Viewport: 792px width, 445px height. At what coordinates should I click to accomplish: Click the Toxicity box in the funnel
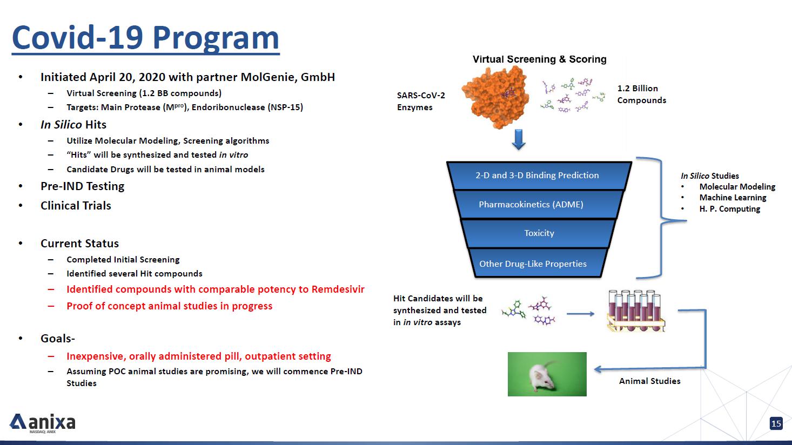(539, 233)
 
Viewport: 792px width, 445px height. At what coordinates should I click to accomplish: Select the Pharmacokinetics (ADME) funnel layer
(539, 204)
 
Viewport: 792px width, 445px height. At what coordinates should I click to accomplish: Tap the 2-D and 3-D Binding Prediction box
(539, 176)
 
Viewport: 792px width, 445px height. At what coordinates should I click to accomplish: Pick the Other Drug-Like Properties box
(538, 263)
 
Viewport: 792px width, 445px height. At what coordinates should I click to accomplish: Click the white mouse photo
(547, 374)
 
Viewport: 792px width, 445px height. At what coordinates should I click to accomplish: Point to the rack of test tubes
(636, 311)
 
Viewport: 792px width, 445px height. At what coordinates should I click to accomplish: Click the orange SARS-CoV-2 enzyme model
(496, 97)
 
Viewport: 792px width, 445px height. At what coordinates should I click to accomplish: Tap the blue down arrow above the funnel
(519, 139)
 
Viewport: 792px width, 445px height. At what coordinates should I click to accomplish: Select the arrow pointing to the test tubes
(580, 314)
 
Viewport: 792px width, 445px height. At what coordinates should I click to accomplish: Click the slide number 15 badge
(776, 423)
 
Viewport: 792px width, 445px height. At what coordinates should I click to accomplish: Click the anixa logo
(43, 423)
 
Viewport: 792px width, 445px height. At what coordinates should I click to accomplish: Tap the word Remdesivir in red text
(338, 289)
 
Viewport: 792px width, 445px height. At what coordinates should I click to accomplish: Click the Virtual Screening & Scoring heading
(540, 59)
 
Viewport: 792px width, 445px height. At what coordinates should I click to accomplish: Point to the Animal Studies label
(649, 381)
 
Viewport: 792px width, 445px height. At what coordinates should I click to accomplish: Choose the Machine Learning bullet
(733, 198)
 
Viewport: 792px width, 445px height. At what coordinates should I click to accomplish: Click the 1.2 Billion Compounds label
(642, 94)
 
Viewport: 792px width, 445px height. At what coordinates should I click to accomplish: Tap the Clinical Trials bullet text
(76, 205)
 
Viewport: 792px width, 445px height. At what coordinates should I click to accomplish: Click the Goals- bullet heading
(58, 338)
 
